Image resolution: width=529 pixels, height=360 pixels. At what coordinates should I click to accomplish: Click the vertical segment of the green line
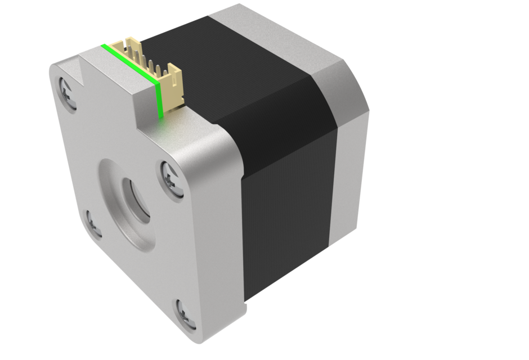(x=159, y=99)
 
